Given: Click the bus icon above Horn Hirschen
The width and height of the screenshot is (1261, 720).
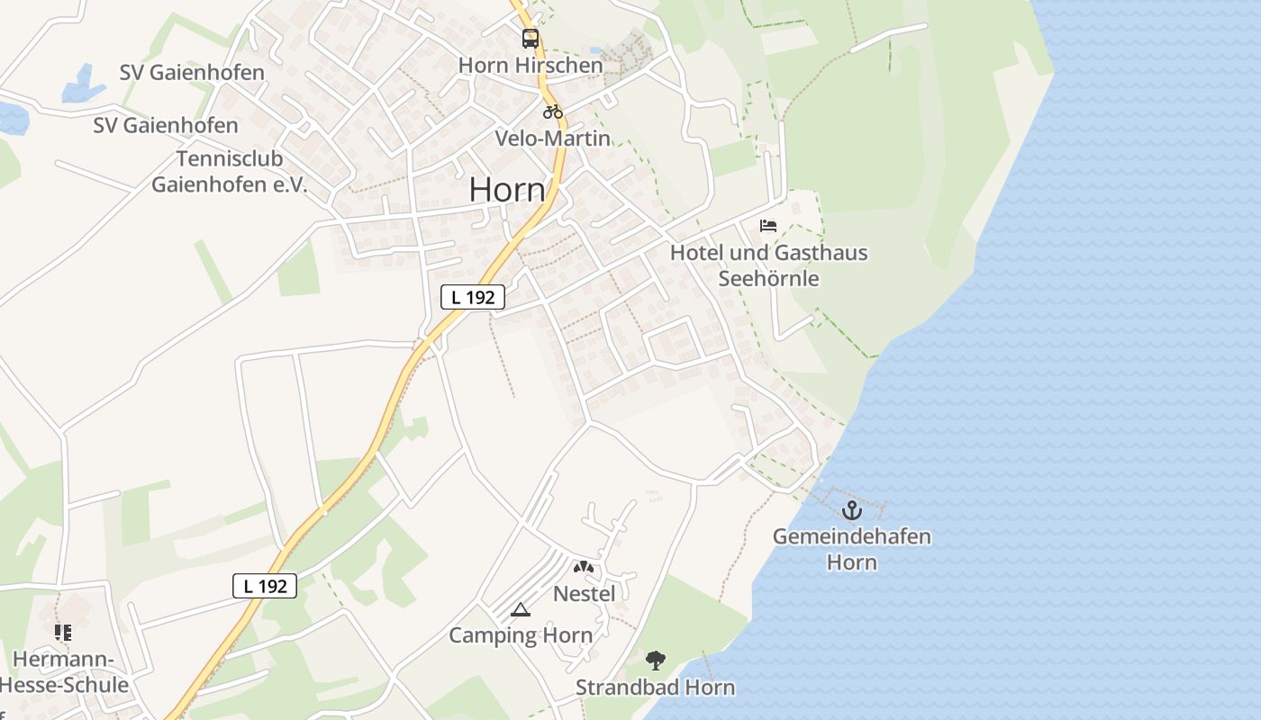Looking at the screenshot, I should tap(531, 39).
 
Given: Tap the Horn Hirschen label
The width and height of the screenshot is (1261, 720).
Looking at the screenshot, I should tap(531, 66).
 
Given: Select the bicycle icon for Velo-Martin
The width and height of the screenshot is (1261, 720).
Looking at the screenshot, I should tap(552, 112).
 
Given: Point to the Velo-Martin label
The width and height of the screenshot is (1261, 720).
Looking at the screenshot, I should tap(552, 139).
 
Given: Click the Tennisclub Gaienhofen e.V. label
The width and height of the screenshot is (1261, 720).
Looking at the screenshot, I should tap(229, 172).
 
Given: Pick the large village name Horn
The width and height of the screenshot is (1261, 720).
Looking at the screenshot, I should tap(507, 190).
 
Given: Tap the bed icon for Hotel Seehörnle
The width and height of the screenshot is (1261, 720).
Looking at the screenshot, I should tap(768, 225).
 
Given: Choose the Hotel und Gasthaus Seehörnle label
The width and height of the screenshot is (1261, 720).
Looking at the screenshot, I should tap(768, 265).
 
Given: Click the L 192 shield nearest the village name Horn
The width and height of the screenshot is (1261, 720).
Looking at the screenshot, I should tap(473, 297).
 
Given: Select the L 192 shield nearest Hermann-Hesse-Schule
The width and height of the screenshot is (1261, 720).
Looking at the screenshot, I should tap(265, 586).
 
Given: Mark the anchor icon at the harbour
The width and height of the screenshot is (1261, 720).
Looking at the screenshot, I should tap(851, 510).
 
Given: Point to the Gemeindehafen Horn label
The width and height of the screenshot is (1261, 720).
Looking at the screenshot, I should tap(851, 549).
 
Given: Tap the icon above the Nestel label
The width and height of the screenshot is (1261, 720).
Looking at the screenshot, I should tap(584, 567).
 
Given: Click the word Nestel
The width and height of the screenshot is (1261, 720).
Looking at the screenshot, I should tap(584, 594).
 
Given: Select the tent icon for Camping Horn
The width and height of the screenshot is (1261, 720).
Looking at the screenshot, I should tap(520, 610).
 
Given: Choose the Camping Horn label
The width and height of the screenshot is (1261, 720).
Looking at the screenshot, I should tap(521, 635).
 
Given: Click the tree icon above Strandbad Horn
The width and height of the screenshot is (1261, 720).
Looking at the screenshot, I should tap(656, 661).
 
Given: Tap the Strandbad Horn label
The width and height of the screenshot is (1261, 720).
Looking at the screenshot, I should tap(655, 688).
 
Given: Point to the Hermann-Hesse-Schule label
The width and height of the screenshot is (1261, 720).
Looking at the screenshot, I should tap(66, 672).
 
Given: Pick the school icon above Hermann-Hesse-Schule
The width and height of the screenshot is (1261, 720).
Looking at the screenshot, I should tap(63, 633).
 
